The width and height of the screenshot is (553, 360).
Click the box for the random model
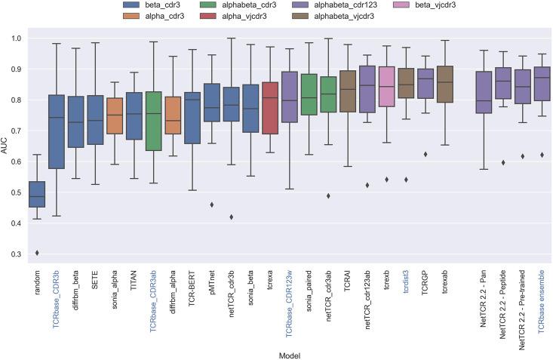37,194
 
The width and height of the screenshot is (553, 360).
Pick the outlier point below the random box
37,253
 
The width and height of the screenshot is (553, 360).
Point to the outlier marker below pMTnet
212,205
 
